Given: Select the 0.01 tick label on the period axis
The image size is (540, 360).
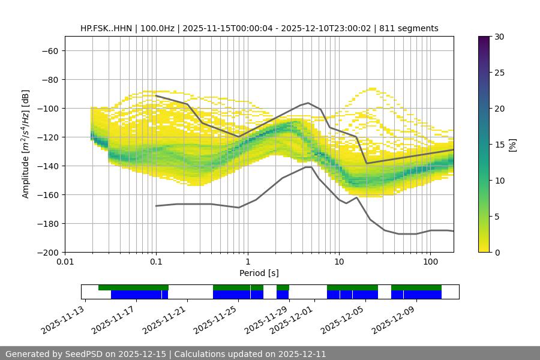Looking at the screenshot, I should click(65, 262).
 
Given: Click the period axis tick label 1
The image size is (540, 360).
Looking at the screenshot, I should click(248, 262).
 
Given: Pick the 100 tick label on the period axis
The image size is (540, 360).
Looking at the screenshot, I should click(430, 262).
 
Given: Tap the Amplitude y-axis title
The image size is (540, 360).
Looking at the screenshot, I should click(25, 144).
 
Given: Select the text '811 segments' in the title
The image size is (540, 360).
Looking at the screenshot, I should click(413, 28).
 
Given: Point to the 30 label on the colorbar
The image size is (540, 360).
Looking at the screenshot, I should click(499, 37).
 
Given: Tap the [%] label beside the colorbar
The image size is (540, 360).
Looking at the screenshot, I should click(512, 144).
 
